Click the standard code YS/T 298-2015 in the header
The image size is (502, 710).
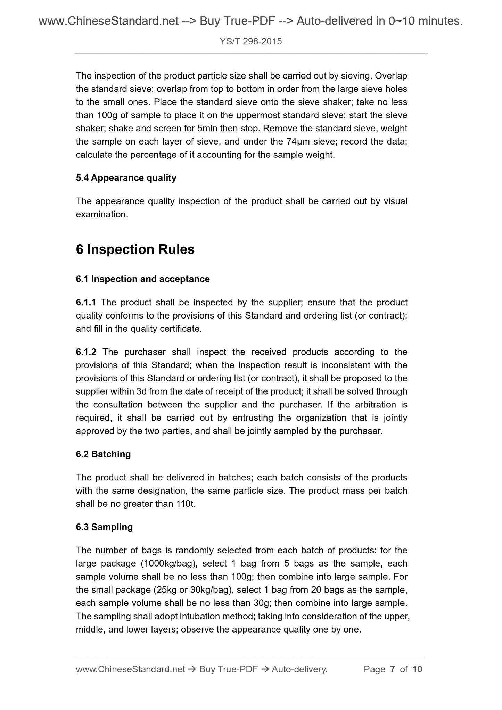pos(251,42)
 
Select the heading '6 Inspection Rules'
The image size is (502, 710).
pos(135,249)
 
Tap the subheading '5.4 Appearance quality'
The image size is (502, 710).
pos(126,178)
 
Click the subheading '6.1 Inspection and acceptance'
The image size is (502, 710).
pos(143,279)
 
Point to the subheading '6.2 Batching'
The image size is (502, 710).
pos(103,454)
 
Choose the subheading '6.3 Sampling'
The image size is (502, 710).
pos(104,527)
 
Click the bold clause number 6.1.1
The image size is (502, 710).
pos(86,302)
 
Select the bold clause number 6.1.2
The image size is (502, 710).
pos(86,352)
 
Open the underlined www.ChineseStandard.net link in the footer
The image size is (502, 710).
pos(130,669)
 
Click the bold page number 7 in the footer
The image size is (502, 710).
pos(393,669)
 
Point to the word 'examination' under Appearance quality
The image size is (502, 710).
pos(101,214)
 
